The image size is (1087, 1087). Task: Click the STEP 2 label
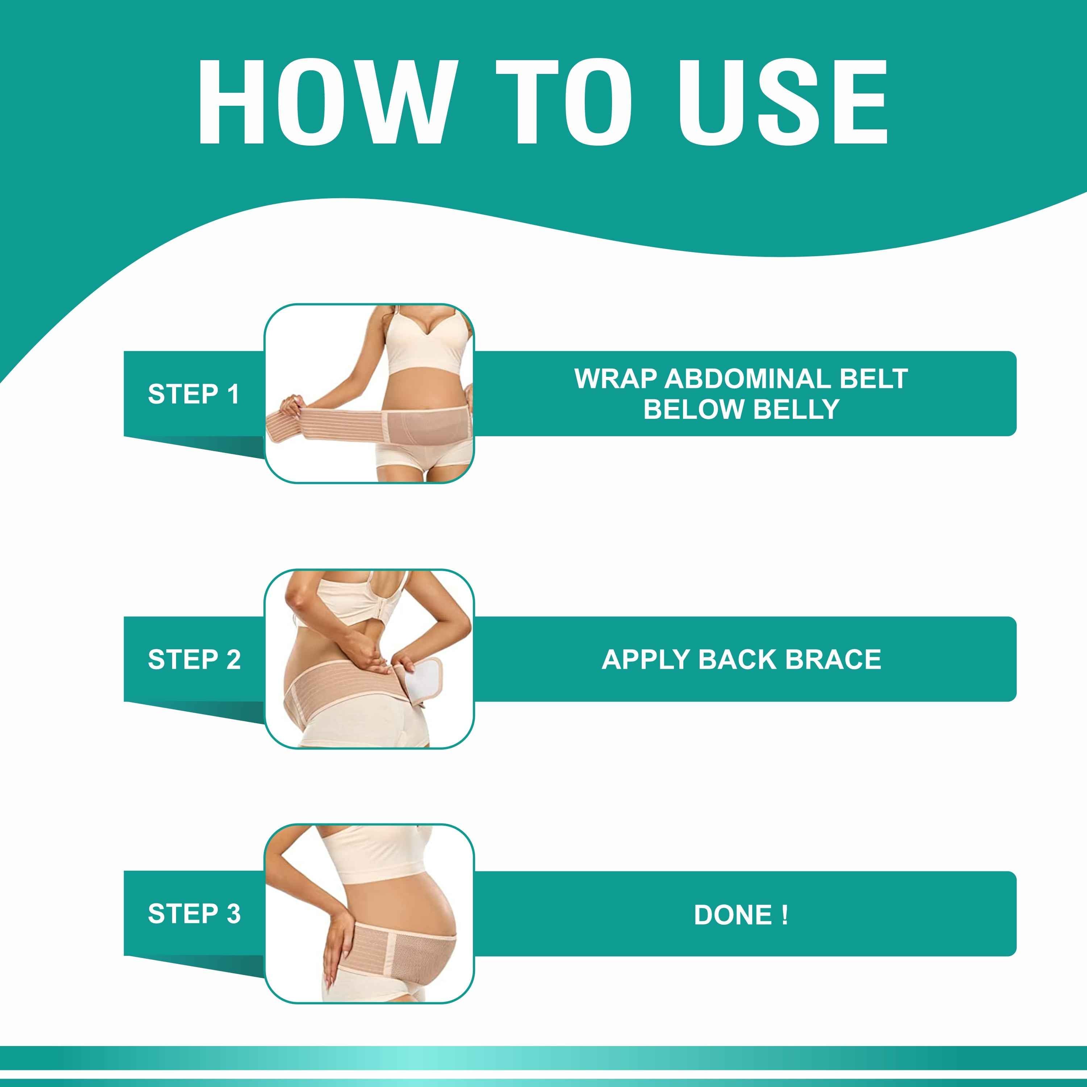tap(194, 659)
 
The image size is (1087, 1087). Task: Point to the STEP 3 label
tap(194, 914)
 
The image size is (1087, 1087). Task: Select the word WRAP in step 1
tap(616, 379)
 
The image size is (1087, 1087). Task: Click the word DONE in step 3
tap(733, 915)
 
